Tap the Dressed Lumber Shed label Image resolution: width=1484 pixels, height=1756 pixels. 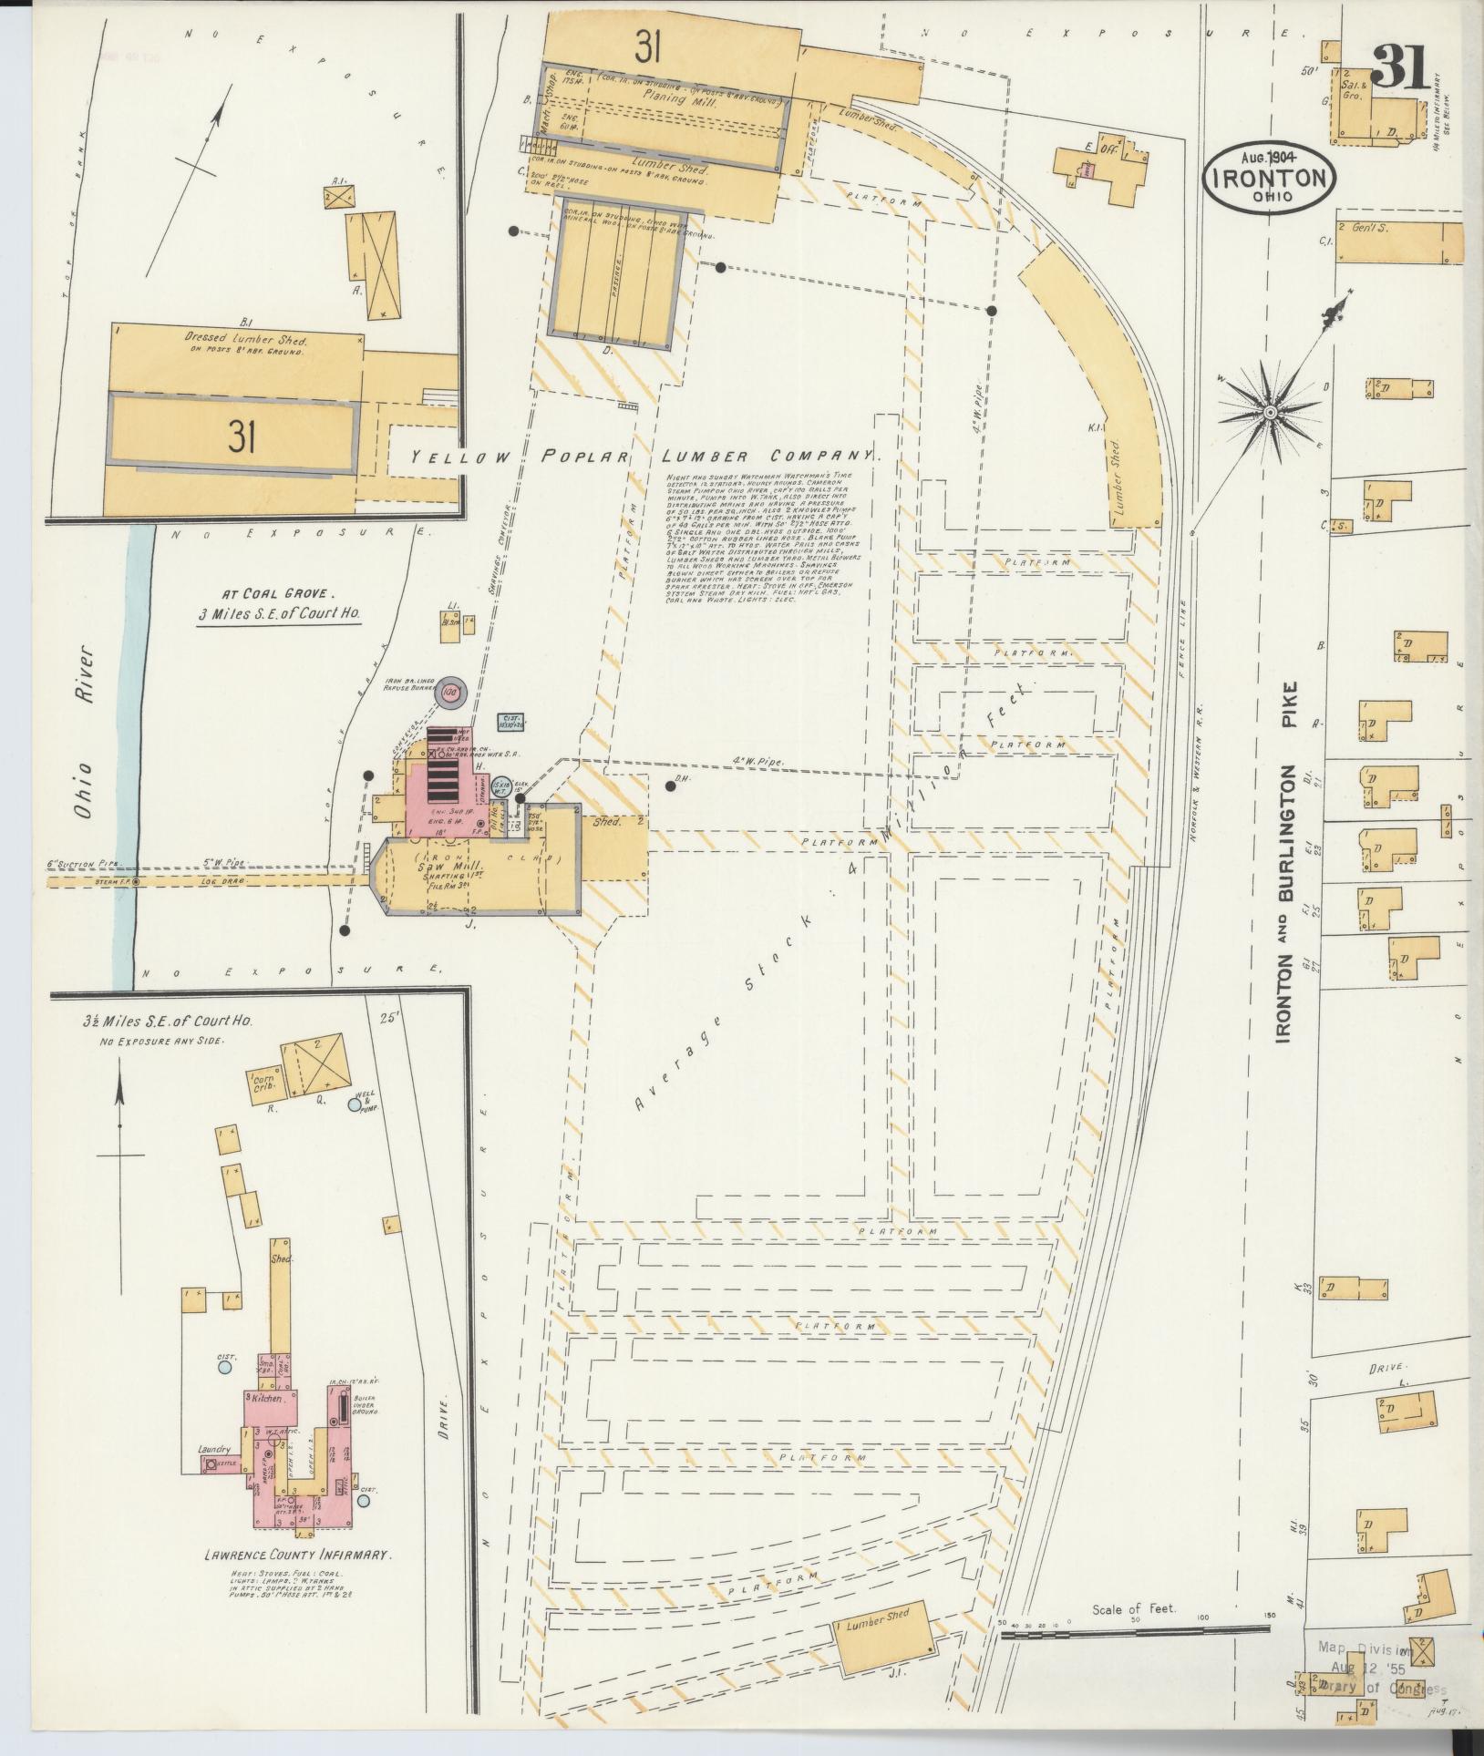pyautogui.click(x=243, y=338)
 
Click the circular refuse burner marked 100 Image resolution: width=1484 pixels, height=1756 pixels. pyautogui.click(x=449, y=692)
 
